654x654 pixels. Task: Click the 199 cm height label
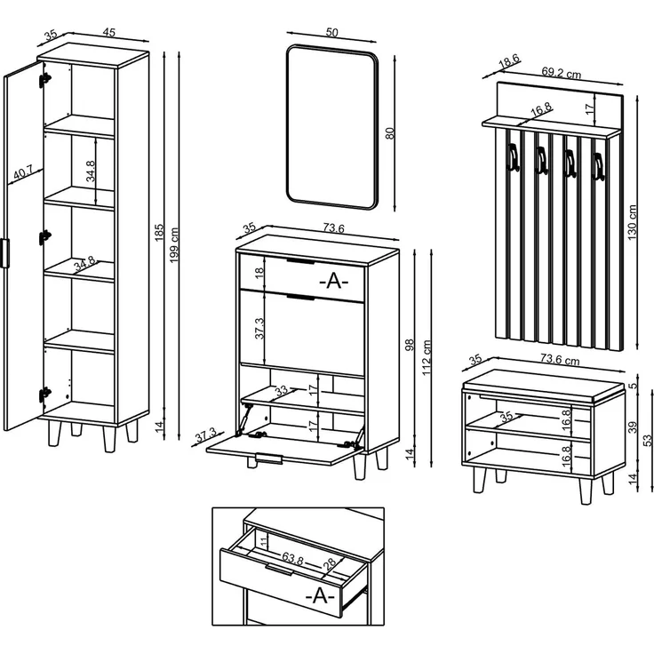coord(175,245)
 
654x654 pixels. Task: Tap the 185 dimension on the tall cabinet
coord(159,232)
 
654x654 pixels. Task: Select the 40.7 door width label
coord(22,172)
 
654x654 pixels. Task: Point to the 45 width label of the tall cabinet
coord(109,32)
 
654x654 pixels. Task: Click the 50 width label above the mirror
coord(332,32)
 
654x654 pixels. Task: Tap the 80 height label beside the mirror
coord(390,133)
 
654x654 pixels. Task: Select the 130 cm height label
coord(633,222)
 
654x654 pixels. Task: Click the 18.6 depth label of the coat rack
coord(509,62)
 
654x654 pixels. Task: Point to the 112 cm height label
coord(427,357)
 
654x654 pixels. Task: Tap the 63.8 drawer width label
coord(292,559)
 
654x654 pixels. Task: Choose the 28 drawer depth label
coord(330,564)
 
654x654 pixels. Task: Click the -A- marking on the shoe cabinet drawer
coord(334,281)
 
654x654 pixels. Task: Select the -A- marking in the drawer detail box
coord(320,595)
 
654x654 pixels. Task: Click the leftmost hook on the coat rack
coord(512,156)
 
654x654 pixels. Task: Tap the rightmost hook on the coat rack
coord(598,166)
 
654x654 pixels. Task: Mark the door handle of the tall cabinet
coord(5,252)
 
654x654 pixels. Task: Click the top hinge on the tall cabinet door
coord(44,80)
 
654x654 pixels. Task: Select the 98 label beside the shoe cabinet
coord(410,345)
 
